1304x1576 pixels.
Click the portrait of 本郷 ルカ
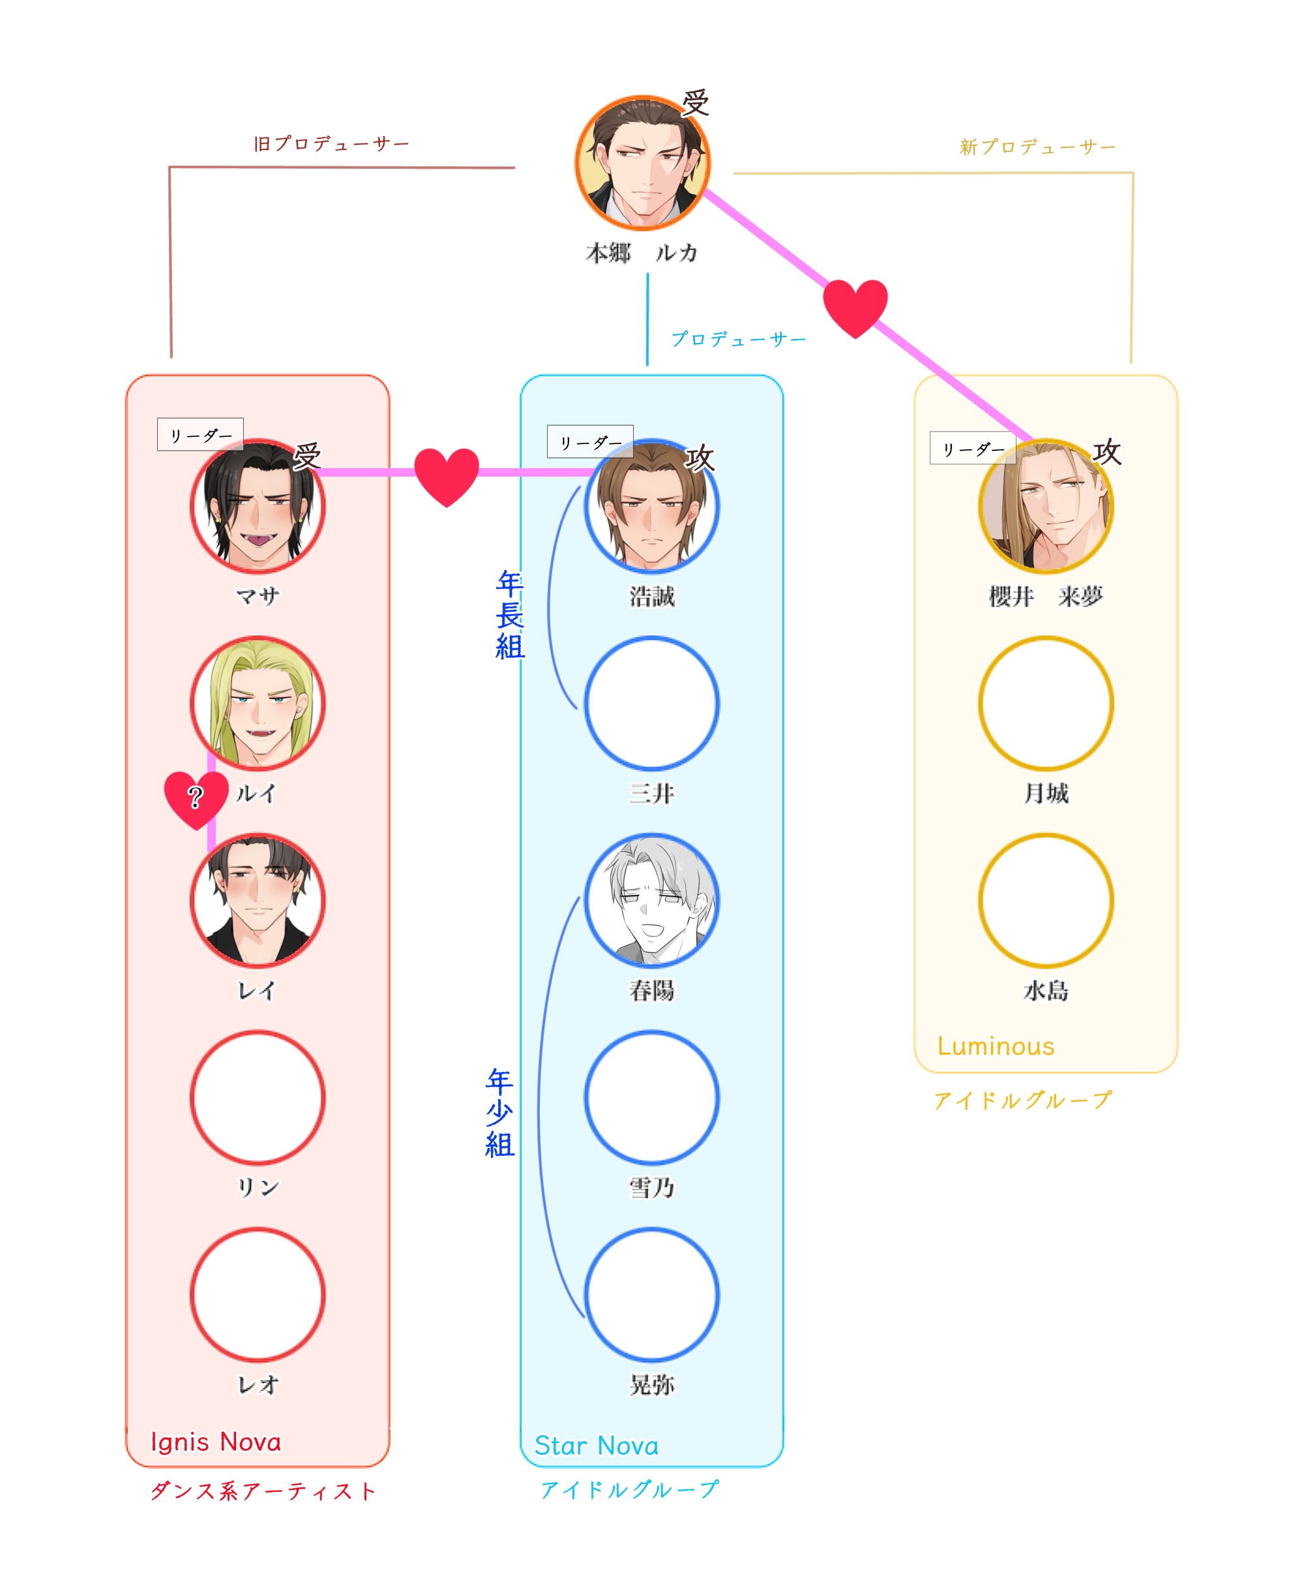tap(642, 162)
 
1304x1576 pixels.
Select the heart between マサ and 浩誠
tap(447, 475)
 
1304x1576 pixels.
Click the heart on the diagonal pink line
tap(855, 306)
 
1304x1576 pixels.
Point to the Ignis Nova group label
tap(216, 1442)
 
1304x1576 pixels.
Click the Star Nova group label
tap(596, 1446)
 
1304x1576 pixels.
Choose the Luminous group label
tap(995, 1046)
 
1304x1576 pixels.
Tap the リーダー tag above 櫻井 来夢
tap(972, 449)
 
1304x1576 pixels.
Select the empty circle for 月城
tap(1045, 703)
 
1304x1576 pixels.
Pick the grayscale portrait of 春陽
tap(651, 900)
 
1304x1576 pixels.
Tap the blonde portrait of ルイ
tap(258, 703)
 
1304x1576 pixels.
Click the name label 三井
tap(651, 794)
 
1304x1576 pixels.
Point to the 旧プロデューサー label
tap(331, 143)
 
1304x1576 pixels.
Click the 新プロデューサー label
tap(1037, 147)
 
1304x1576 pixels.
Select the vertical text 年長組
tap(509, 615)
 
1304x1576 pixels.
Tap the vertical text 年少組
tap(499, 1112)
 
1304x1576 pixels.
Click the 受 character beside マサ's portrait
tap(306, 456)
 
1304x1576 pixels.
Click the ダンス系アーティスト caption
tap(263, 1491)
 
